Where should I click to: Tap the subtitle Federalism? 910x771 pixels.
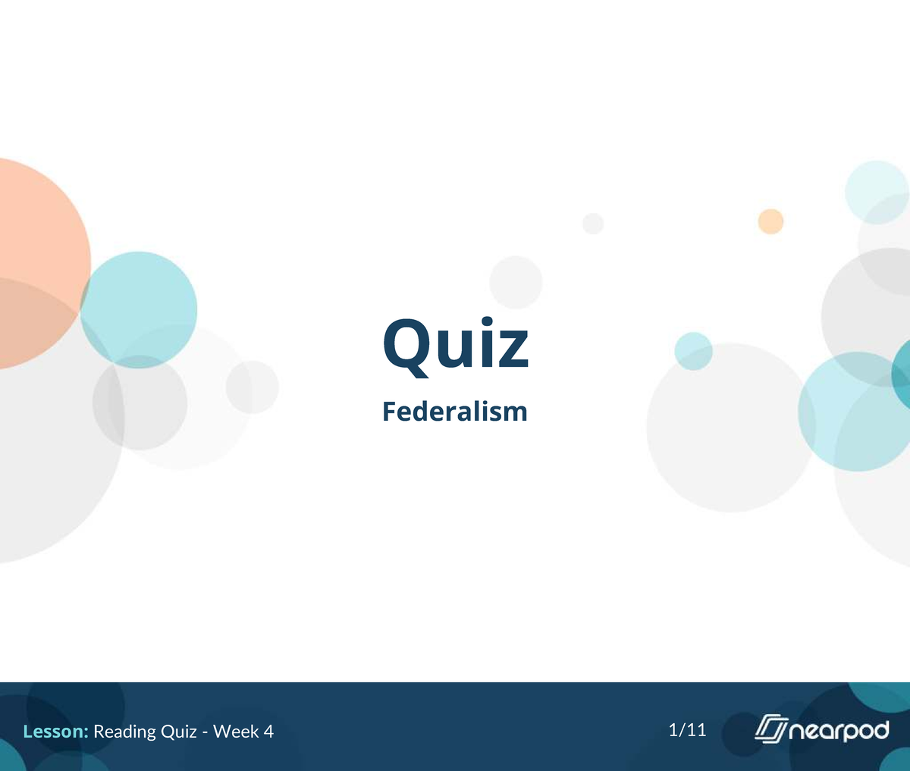coord(454,412)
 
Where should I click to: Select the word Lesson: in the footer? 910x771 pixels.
coord(56,732)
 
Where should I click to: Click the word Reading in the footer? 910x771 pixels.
coord(125,732)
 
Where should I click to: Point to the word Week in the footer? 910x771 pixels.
coord(234,732)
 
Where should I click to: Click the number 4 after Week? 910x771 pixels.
coord(268,732)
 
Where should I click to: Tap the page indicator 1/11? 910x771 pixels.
coord(687,730)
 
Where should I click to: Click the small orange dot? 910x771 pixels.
coord(770,222)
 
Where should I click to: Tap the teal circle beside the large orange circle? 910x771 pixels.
coord(140,310)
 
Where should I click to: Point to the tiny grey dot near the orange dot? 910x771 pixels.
coord(593,224)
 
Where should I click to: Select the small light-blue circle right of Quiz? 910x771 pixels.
coord(693,351)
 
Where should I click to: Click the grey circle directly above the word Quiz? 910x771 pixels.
coord(516,282)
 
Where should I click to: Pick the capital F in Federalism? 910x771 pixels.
coord(389,412)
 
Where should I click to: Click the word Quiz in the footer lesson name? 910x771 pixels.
coord(179,732)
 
